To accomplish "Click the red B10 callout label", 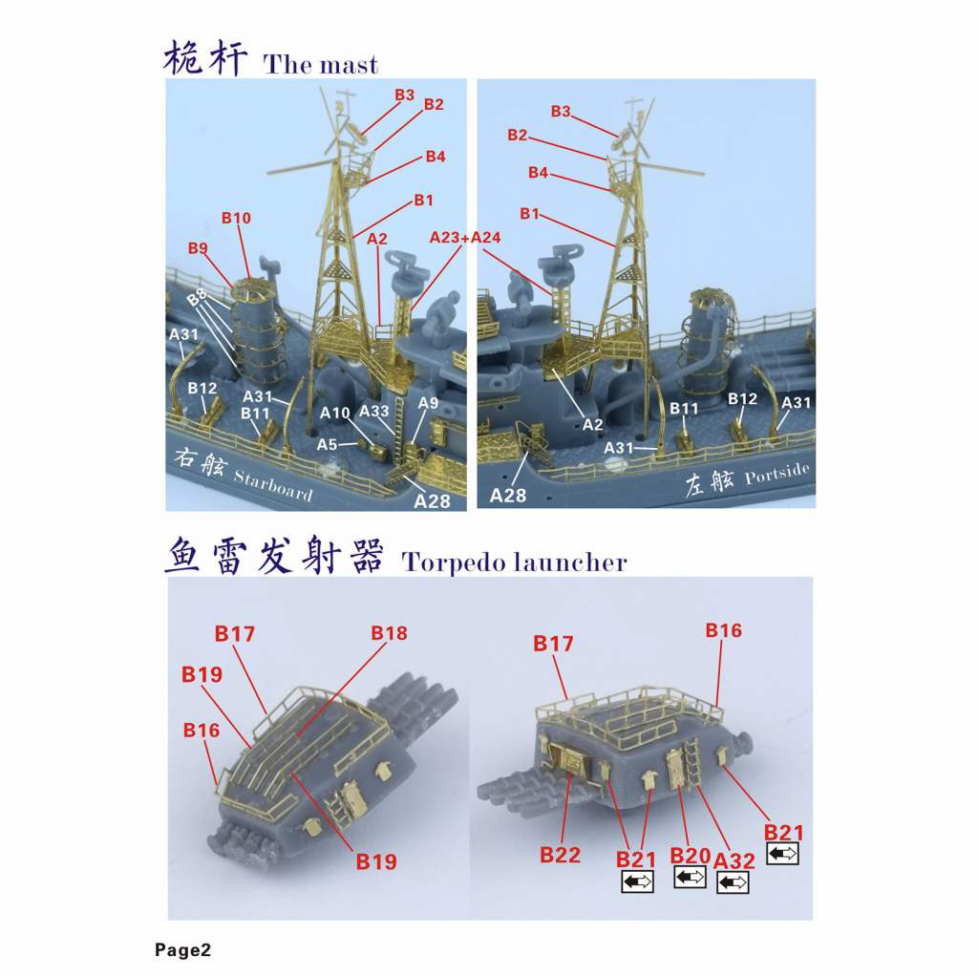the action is pyautogui.click(x=237, y=218).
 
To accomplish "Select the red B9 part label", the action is pyautogui.click(x=198, y=248).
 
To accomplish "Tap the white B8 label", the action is pyautogui.click(x=197, y=297).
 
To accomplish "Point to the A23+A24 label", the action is pyautogui.click(x=465, y=238).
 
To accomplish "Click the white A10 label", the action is pyautogui.click(x=335, y=413).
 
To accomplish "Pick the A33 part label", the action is pyautogui.click(x=374, y=411).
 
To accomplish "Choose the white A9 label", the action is pyautogui.click(x=429, y=403).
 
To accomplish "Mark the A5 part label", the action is pyautogui.click(x=327, y=444).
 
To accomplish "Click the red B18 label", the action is pyautogui.click(x=390, y=633).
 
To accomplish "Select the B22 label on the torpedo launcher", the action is pyautogui.click(x=560, y=855).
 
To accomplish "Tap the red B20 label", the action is pyautogui.click(x=690, y=856).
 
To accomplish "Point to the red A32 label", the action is pyautogui.click(x=734, y=860).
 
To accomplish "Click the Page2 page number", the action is pyautogui.click(x=182, y=950).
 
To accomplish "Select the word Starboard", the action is pyautogui.click(x=273, y=485).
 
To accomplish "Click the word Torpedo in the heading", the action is pyautogui.click(x=454, y=563).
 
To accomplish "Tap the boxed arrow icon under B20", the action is pyautogui.click(x=690, y=877).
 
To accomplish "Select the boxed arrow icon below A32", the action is pyautogui.click(x=733, y=882).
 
